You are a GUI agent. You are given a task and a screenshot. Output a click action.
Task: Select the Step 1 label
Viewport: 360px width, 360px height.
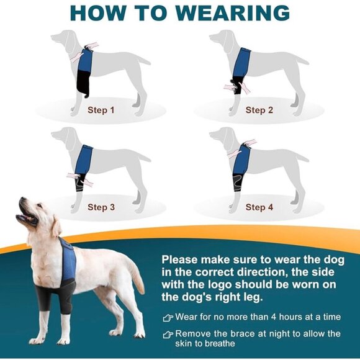tap(101, 110)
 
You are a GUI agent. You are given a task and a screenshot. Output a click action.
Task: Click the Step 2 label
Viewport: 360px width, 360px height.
tap(259, 110)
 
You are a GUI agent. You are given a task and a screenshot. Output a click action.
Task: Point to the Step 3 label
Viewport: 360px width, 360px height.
tap(101, 207)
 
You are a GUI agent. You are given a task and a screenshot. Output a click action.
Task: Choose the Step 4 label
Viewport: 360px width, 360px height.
tap(259, 207)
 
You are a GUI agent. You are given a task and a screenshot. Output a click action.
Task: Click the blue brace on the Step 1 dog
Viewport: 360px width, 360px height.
tap(86, 63)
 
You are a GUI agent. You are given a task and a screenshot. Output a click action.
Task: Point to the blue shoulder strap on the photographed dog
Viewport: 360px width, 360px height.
tap(68, 261)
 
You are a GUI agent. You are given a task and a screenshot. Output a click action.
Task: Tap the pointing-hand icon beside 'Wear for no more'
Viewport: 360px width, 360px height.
tap(168, 317)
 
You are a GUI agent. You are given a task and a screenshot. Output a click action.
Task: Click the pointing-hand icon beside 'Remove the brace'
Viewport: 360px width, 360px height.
tap(168, 334)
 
